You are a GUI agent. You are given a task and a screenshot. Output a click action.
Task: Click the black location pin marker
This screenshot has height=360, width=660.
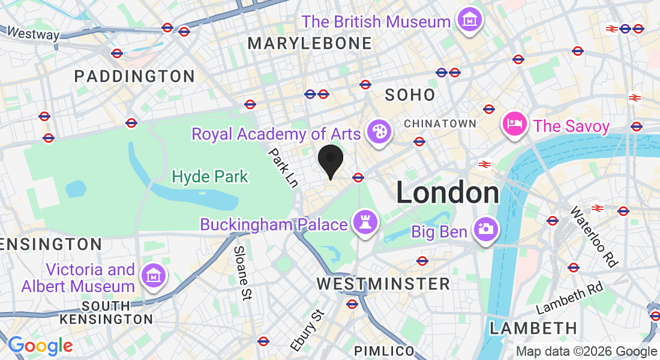[x=330, y=160]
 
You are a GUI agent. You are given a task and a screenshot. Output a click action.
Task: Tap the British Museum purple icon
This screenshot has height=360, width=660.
[x=470, y=21]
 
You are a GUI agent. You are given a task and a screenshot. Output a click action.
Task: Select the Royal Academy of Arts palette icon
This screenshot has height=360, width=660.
[x=378, y=131]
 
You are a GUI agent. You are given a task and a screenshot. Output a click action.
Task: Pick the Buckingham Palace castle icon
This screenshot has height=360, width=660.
[x=364, y=223]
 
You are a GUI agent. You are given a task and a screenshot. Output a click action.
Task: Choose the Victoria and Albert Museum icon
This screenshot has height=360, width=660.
[x=153, y=276]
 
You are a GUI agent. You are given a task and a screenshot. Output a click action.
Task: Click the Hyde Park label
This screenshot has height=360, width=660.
[x=210, y=176]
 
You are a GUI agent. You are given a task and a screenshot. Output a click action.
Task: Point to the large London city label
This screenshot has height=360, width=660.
[x=448, y=193]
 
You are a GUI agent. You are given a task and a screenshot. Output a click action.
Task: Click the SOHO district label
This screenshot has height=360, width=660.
[x=410, y=94]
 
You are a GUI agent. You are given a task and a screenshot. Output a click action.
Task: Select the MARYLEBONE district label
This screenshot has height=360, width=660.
[x=310, y=43]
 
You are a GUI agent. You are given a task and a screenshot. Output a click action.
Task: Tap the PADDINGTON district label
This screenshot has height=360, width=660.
[x=134, y=76]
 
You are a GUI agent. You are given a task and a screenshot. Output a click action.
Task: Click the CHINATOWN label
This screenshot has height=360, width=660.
[x=440, y=124]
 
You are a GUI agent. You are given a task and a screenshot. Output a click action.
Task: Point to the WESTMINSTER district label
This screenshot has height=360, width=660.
[x=383, y=284]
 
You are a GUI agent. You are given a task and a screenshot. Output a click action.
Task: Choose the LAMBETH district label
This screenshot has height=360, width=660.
[x=533, y=328]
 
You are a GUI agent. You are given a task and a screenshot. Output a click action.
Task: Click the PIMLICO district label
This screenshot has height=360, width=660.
[x=384, y=350]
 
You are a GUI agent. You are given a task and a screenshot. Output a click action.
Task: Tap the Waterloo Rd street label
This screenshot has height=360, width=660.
[x=593, y=236]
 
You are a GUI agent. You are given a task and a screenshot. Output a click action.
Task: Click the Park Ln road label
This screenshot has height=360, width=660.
[x=283, y=168]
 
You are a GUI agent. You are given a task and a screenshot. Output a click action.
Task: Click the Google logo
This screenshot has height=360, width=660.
[x=40, y=346]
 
